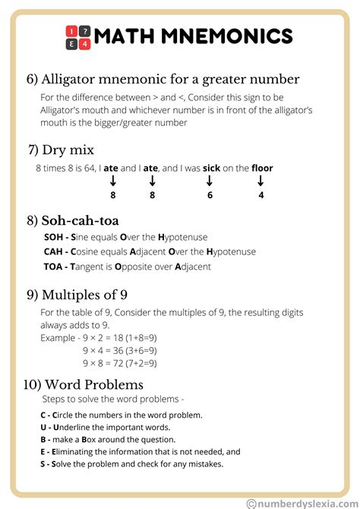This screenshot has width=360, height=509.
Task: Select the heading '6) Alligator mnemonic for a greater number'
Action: [163, 79]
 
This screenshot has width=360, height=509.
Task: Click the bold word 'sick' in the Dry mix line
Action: [211, 168]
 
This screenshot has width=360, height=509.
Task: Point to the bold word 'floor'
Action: [262, 168]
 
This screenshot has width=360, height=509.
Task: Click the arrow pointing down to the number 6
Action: [209, 181]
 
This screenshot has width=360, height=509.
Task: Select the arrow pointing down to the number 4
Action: [261, 181]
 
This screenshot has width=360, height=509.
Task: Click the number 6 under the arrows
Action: [209, 195]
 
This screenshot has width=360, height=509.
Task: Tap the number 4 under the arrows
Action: [261, 195]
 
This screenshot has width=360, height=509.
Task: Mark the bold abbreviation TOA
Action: [54, 267]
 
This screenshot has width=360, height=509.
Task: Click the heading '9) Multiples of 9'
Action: [82, 295]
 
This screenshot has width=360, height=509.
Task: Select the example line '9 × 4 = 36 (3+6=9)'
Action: [120, 350]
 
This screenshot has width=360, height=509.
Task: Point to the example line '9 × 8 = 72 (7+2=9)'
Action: [120, 363]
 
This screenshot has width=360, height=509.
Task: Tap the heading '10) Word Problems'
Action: [84, 384]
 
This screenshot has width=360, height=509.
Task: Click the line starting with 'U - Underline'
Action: [105, 427]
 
